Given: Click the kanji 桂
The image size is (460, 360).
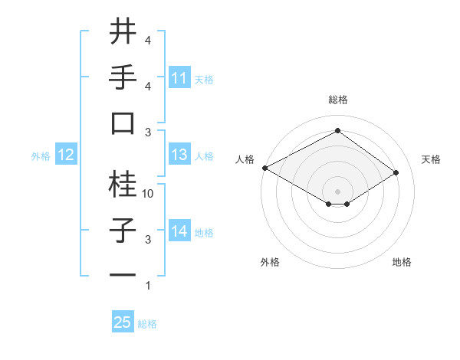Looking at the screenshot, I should pos(123,184).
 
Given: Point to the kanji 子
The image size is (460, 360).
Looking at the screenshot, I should pos(123,230).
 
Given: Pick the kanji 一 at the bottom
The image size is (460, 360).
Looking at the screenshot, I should pos(123,276).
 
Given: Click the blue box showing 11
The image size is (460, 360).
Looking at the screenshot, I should pos(179,78).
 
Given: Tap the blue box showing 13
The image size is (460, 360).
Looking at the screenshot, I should pos(179,155).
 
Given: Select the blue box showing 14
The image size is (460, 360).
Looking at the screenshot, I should pos(179,232).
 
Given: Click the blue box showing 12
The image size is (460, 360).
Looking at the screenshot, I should pos(66,155).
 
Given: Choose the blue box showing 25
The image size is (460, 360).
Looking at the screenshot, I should pos(123,322).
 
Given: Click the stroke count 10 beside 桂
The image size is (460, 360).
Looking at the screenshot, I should pos(149,194).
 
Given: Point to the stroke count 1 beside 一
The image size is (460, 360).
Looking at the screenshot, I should pos(148,286).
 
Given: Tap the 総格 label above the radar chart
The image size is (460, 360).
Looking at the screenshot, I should pos(338,100).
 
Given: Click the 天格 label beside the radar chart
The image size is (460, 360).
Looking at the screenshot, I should pos(432,159).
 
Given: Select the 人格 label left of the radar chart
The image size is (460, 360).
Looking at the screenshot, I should pos(245,159).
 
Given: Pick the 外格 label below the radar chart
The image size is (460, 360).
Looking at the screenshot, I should pos(270,262).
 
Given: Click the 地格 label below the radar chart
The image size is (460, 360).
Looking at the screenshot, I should pos(402,262).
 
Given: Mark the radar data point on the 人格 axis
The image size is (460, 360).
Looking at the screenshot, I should pos(264,167).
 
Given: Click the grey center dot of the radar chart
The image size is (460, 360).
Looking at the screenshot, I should pos(337,191).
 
